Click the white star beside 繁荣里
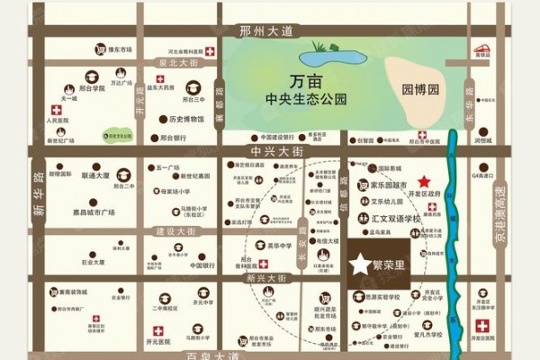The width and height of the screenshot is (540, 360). tap(360, 265)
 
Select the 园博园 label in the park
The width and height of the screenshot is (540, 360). tap(418, 91)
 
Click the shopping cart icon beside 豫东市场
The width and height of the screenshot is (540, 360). tap(101, 50)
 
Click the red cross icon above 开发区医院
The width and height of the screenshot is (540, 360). tap(482, 325)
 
